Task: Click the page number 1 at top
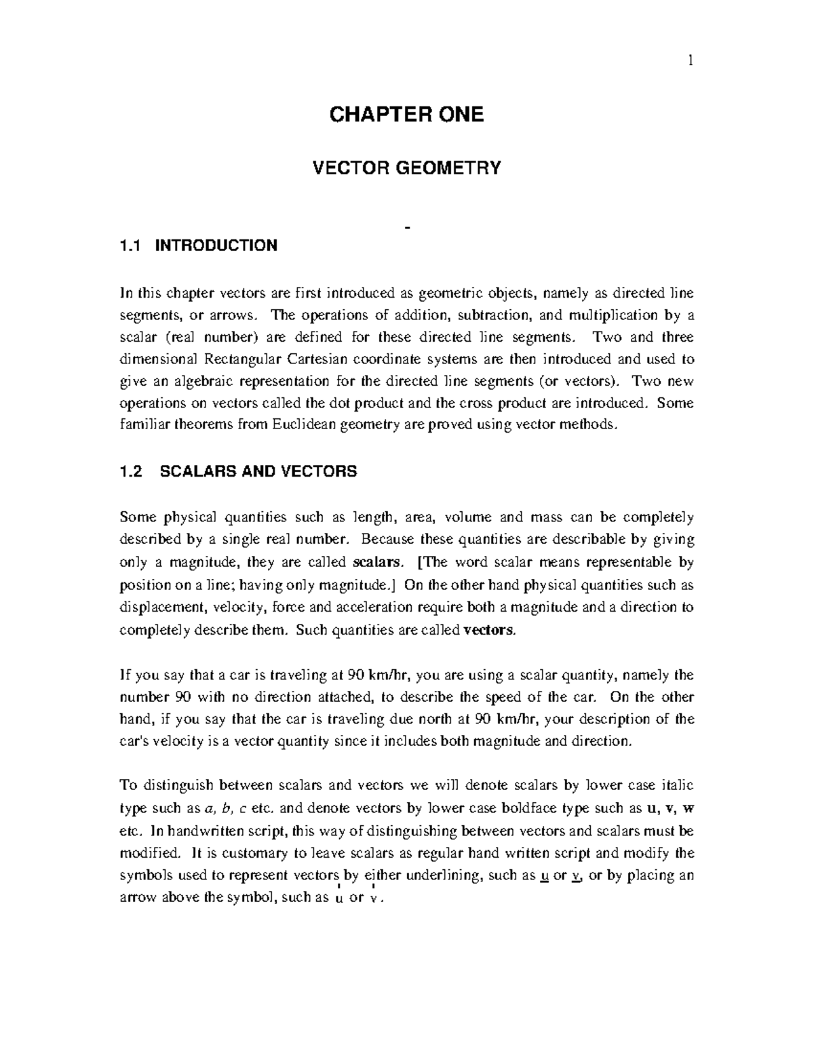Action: [690, 61]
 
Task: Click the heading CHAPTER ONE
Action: [406, 115]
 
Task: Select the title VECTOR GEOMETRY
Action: [406, 167]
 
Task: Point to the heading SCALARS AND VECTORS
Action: [258, 472]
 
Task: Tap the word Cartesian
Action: [319, 359]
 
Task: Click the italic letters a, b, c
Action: [225, 809]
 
